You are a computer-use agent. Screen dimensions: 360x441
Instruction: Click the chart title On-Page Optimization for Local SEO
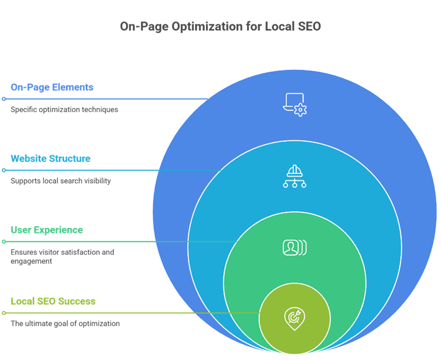click(x=220, y=27)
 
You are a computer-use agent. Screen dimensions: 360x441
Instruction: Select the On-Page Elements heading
click(x=52, y=87)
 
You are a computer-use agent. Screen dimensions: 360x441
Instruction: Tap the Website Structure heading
click(x=51, y=159)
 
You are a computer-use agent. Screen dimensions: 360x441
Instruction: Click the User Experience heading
click(x=47, y=230)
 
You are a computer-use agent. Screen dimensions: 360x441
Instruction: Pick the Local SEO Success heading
click(x=53, y=301)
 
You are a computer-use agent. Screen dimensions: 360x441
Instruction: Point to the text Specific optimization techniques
click(x=64, y=110)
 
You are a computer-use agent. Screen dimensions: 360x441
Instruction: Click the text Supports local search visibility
click(x=60, y=181)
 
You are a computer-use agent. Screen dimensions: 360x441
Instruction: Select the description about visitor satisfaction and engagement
click(x=62, y=257)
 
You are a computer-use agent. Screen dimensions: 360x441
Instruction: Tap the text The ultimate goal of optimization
click(x=65, y=324)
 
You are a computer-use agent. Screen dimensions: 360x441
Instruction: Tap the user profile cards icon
click(x=295, y=247)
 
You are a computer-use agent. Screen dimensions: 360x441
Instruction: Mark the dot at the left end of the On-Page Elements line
click(x=4, y=99)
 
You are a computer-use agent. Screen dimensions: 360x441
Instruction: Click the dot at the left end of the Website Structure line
click(x=4, y=170)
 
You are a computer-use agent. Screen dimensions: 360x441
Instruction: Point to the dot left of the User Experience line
click(x=4, y=241)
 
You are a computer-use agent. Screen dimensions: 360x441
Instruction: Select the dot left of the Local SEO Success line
click(x=4, y=313)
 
